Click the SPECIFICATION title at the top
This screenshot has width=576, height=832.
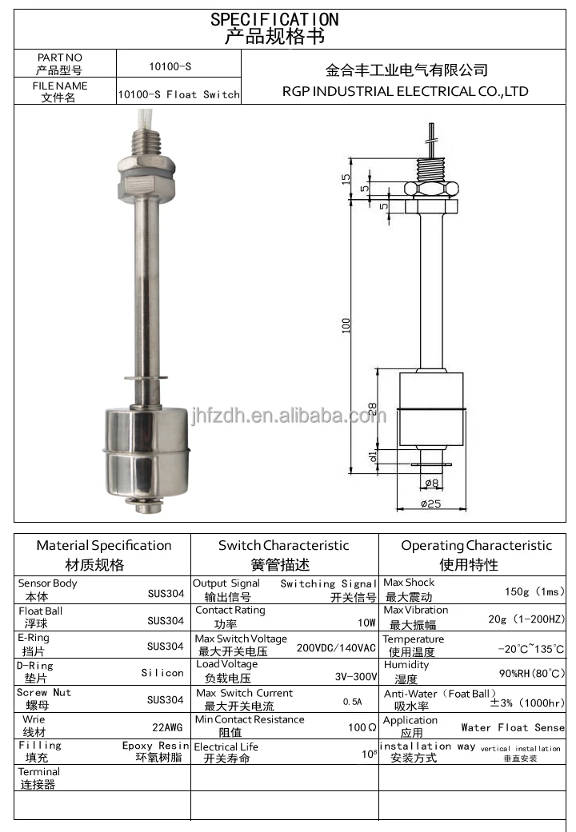pyautogui.click(x=274, y=19)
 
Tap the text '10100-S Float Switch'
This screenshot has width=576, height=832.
pyautogui.click(x=178, y=94)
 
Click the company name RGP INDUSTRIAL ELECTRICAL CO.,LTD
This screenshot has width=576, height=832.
pyautogui.click(x=406, y=91)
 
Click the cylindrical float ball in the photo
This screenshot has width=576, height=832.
pyautogui.click(x=145, y=451)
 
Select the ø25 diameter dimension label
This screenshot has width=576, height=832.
pyautogui.click(x=431, y=504)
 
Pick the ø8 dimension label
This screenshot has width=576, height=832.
pyautogui.click(x=432, y=483)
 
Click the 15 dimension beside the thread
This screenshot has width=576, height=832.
pyautogui.click(x=346, y=178)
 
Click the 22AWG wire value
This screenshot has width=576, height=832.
pyautogui.click(x=167, y=727)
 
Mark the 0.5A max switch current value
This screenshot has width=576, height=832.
pyautogui.click(x=352, y=702)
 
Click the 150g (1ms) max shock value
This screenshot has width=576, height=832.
pyautogui.click(x=534, y=591)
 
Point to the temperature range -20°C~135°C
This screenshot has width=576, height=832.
pyautogui.click(x=530, y=649)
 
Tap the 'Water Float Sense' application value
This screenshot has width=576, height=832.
pyautogui.click(x=513, y=727)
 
